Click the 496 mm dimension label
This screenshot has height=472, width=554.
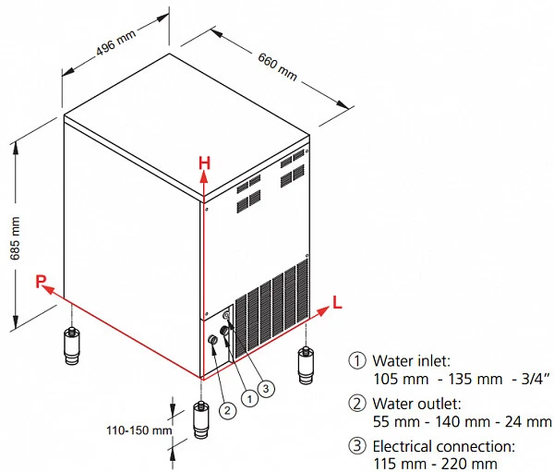pos(116,42)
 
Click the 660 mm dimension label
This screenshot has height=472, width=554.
pos(277,67)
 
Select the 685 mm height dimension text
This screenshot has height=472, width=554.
pos(15,238)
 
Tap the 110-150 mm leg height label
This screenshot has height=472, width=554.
pos(139,430)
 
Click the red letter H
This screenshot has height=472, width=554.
pos(205,163)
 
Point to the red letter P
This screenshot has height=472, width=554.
pos(41,282)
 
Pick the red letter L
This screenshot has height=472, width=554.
pos(337,303)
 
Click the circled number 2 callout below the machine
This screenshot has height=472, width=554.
pos(227,410)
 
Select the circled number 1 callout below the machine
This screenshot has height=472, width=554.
pos(250,399)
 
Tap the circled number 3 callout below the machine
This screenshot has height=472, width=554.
pos(266,389)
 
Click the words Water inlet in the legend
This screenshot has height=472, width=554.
pos(412,361)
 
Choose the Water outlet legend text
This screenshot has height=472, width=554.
pos(417,404)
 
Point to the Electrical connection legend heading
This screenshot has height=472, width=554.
pos(444,446)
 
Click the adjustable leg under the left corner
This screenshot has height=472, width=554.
pos(72,345)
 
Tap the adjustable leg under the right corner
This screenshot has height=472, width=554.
pos(306,365)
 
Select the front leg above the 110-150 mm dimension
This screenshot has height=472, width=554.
pos(201,419)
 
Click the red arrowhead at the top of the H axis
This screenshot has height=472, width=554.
pos(204,177)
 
